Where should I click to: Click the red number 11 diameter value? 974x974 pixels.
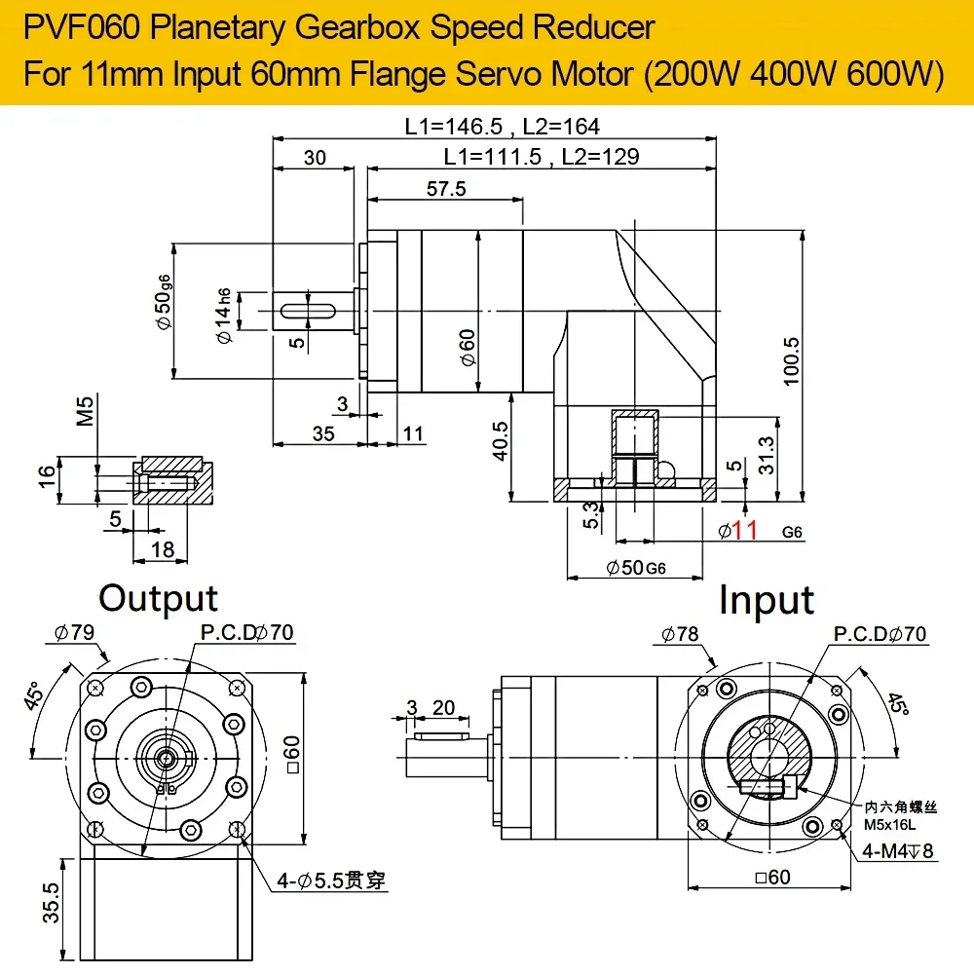(x=745, y=531)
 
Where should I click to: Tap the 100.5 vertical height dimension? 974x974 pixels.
(x=791, y=361)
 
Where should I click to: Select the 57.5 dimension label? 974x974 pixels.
(x=446, y=188)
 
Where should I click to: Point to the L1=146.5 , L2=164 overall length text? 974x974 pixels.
(x=502, y=127)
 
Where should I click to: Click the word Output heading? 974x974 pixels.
(x=159, y=599)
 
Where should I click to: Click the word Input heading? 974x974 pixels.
(x=767, y=601)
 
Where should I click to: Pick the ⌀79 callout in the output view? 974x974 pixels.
(x=75, y=632)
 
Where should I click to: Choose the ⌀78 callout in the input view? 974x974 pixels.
(x=680, y=634)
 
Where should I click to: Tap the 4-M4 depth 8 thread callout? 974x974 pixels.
(x=898, y=850)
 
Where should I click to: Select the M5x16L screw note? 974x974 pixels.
(x=889, y=825)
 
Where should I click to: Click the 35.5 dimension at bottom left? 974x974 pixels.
(x=52, y=903)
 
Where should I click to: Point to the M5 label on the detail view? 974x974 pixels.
(x=85, y=411)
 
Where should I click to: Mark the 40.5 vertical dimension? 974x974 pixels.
(x=500, y=441)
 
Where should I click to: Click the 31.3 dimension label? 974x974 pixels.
(x=767, y=455)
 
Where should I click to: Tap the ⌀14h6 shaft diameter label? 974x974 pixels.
(x=223, y=316)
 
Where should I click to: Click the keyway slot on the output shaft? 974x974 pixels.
(x=308, y=311)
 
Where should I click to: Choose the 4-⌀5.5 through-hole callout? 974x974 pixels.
(x=331, y=880)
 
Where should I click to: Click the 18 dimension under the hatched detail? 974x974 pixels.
(x=163, y=549)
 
